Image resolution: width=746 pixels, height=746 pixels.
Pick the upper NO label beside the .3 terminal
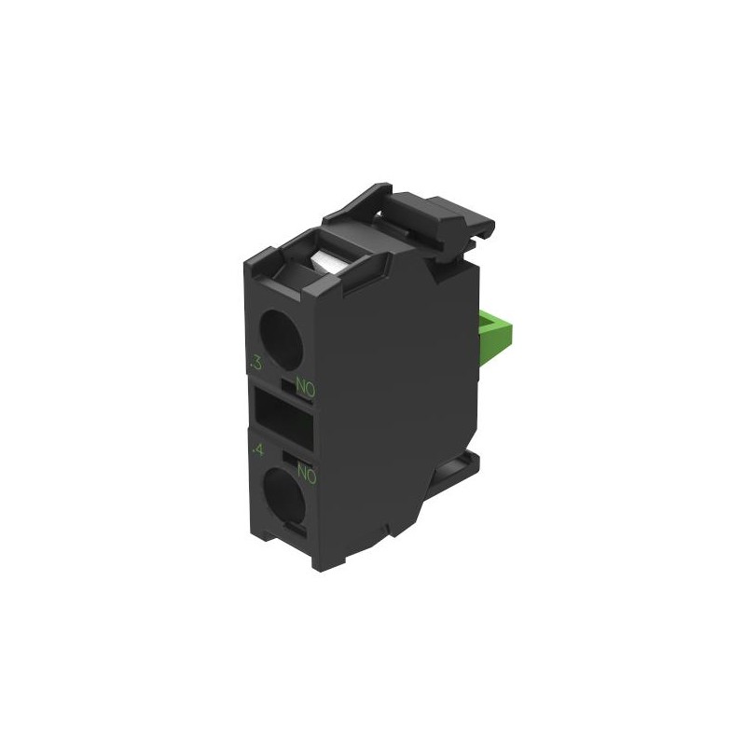pos(305,384)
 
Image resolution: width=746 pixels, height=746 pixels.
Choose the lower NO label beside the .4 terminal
pos(307,476)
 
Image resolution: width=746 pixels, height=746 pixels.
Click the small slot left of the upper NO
pos(287,381)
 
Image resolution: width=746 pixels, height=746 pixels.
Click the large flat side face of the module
pos(392,392)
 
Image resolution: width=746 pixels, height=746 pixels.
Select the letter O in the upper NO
pos(311,385)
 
